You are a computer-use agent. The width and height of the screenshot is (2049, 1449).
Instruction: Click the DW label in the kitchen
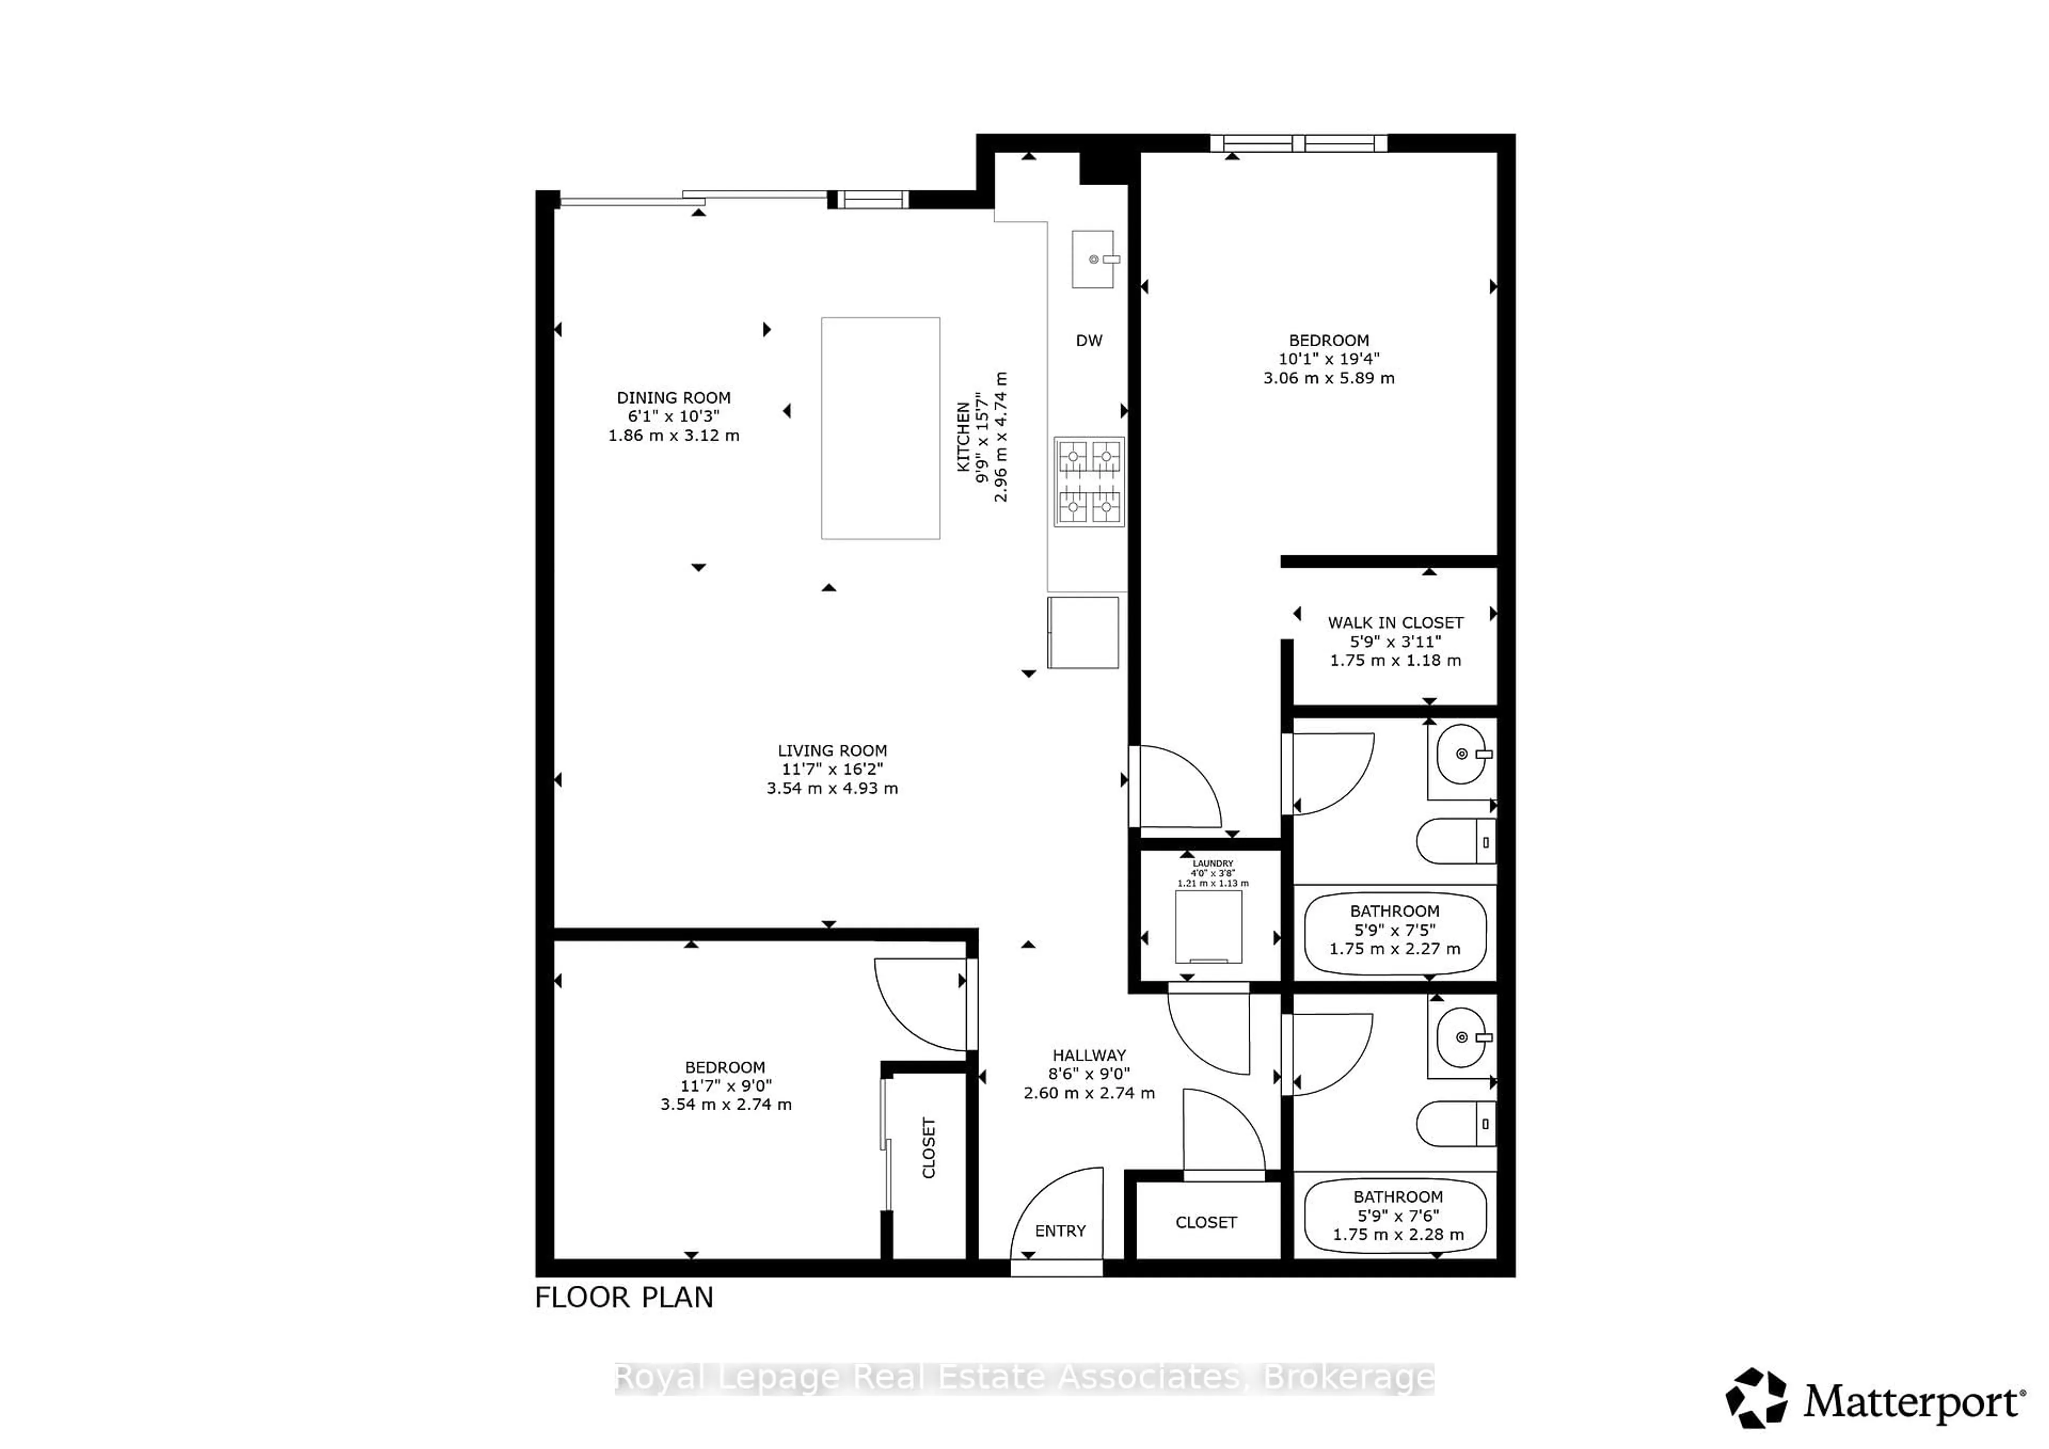point(1089,340)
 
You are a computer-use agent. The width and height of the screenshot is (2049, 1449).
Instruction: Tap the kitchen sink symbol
point(1094,259)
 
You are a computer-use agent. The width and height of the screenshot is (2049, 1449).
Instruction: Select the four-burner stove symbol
point(1089,482)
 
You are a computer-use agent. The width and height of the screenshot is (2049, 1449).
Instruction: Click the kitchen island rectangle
point(880,428)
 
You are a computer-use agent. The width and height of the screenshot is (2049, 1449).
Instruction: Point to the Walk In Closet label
point(1395,623)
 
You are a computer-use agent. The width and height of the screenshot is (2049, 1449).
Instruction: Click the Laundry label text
point(1212,864)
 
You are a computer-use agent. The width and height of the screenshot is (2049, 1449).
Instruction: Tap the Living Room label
point(832,750)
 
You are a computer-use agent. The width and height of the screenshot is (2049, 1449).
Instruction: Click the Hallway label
point(1089,1055)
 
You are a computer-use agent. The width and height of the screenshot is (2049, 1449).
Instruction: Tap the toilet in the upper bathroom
point(1455,841)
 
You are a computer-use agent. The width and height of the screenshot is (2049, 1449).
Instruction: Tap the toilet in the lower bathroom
point(1455,1124)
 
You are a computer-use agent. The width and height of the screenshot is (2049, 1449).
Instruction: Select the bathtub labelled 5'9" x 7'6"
point(1396,1215)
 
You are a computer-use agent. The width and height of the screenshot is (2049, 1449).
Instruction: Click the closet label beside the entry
point(1206,1222)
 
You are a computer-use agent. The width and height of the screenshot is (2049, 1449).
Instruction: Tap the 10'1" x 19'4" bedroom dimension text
point(1329,359)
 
